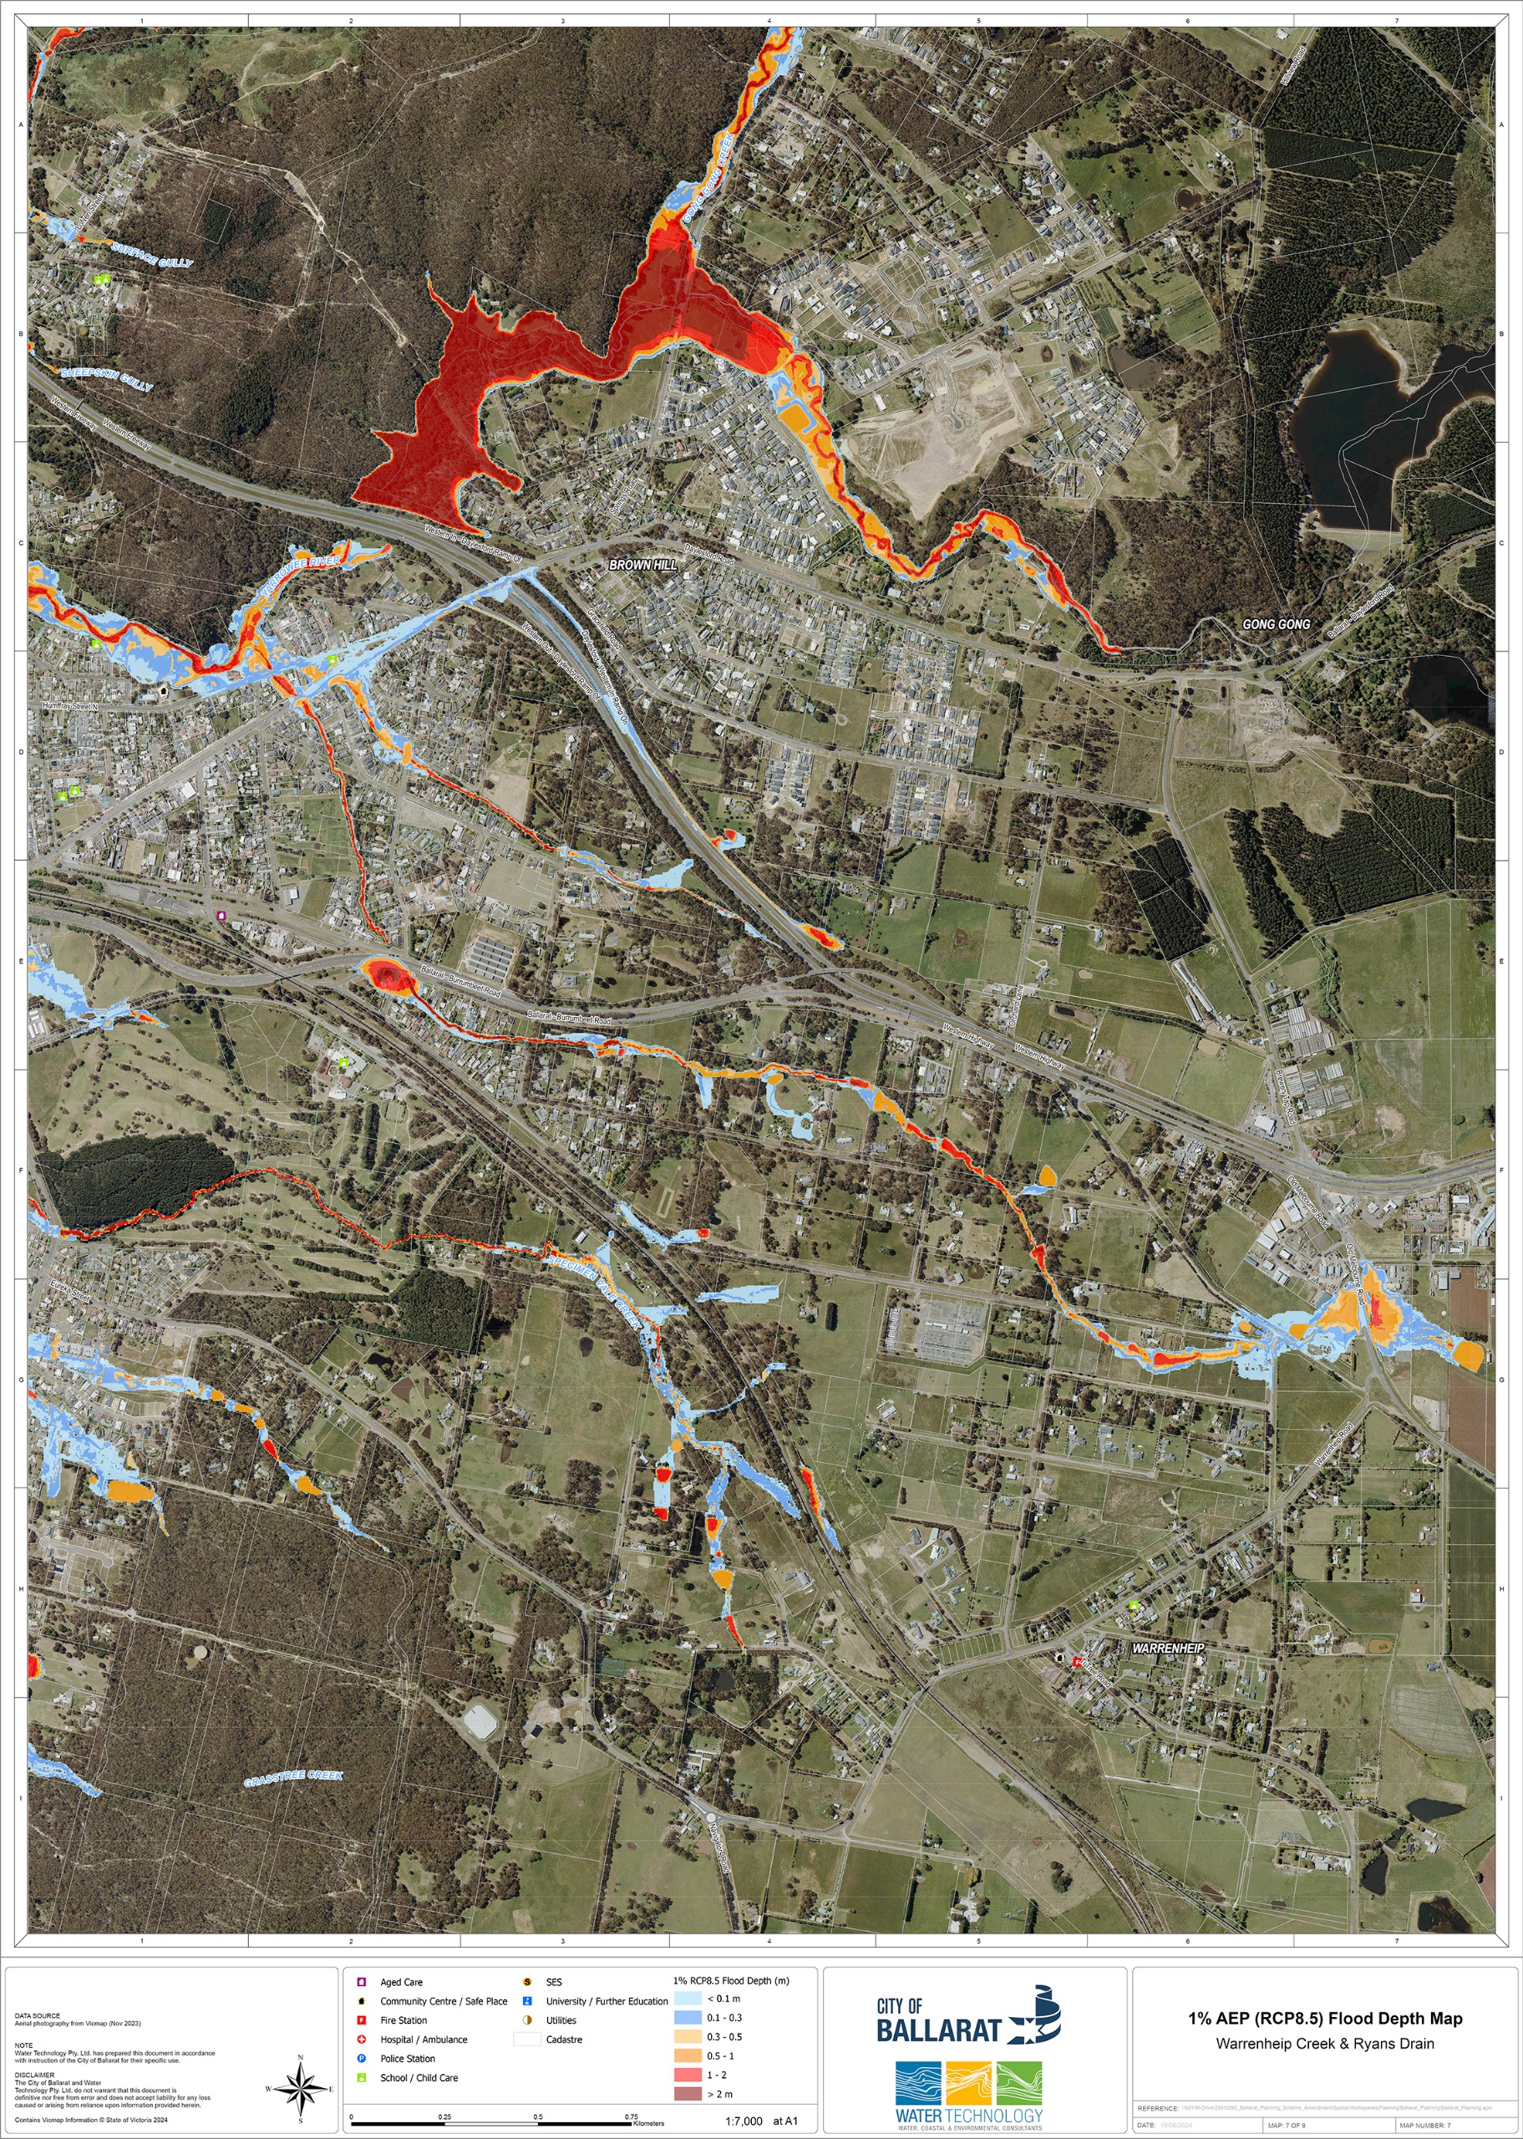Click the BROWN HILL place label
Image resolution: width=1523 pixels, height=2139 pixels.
(x=642, y=565)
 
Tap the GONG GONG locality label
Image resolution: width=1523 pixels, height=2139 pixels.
(x=1276, y=623)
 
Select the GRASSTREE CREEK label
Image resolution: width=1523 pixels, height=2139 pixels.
(x=293, y=1778)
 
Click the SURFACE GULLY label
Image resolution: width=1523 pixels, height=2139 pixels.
(x=152, y=254)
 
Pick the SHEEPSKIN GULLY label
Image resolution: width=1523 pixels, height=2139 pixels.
(x=106, y=378)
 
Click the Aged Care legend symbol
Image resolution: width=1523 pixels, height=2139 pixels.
(x=362, y=1981)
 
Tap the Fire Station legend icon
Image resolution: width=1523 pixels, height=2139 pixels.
(x=362, y=2020)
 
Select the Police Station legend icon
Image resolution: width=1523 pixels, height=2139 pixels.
(x=362, y=2058)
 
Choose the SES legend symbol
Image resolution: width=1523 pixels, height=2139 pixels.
(x=527, y=1981)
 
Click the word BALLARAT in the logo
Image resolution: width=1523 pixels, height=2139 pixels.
(x=938, y=2031)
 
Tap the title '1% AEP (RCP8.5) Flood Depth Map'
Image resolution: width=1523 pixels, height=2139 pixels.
(x=1324, y=2019)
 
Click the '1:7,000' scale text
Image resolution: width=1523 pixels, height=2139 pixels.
(x=743, y=2121)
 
